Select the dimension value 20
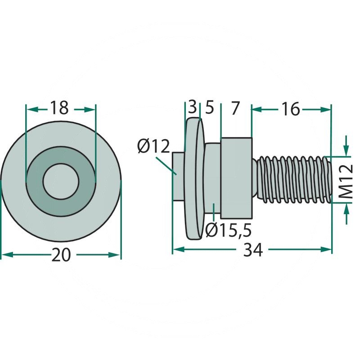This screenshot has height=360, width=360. tap(61, 255)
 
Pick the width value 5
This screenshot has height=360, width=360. tap(209, 108)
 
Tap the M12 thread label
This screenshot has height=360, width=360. tap(346, 182)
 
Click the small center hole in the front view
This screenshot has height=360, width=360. tap(61, 181)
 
